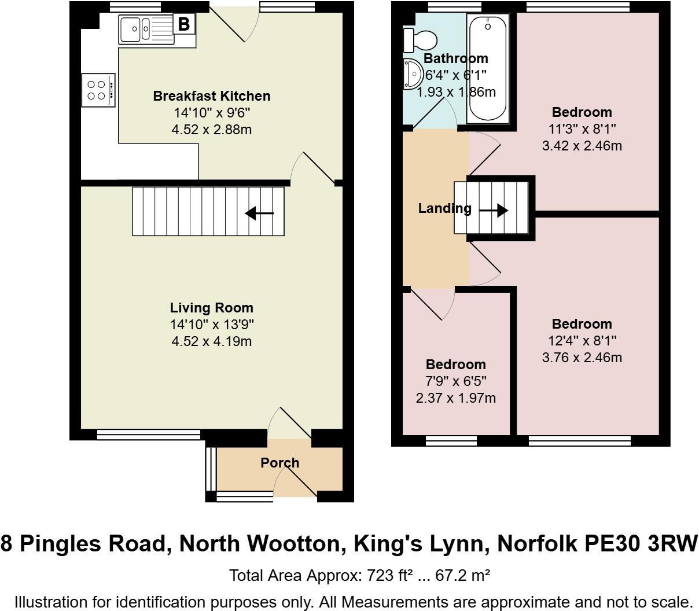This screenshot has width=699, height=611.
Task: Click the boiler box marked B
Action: pyautogui.click(x=184, y=24)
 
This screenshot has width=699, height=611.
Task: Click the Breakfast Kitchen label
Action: pyautogui.click(x=211, y=96)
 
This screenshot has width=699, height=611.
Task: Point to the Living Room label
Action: pyautogui.click(x=211, y=308)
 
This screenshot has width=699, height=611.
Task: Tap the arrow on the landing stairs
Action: pyautogui.click(x=493, y=211)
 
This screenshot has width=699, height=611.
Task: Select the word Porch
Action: pyautogui.click(x=279, y=463)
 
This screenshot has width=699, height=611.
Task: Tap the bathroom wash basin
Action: pyautogui.click(x=413, y=73)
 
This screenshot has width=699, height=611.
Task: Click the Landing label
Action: pyautogui.click(x=444, y=208)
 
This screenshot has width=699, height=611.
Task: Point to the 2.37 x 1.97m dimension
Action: pyautogui.click(x=455, y=398)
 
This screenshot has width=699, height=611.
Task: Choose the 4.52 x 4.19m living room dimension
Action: pyautogui.click(x=211, y=341)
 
